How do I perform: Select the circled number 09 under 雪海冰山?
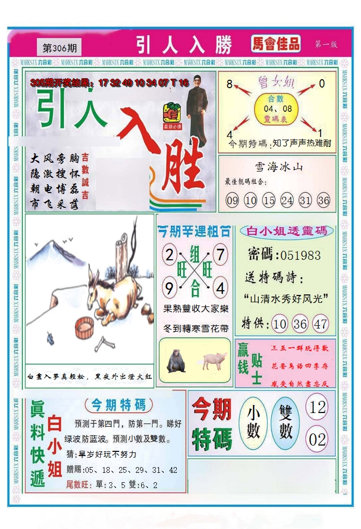232,200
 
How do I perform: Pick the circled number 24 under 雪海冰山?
286,200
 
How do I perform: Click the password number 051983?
300,256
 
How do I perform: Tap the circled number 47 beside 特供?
320,324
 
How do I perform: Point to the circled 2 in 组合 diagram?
169,256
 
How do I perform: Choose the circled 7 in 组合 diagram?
220,256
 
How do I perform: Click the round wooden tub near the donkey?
84,327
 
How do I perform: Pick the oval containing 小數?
253,424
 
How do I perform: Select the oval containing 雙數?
286,424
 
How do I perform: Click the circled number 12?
317,407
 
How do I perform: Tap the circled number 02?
317,439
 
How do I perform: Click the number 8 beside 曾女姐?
229,84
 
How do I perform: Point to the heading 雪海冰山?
279,167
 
